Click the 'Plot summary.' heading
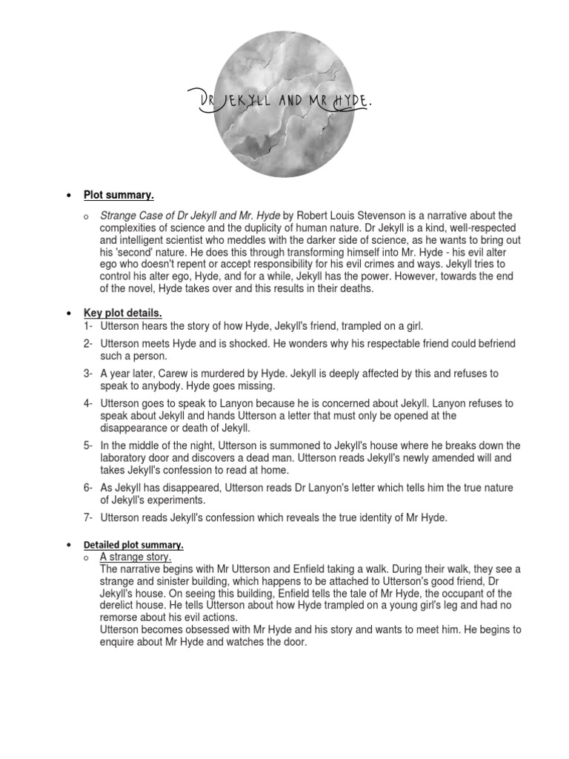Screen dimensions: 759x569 pyautogui.click(x=119, y=195)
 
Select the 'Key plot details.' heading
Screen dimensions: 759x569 pyautogui.click(x=122, y=313)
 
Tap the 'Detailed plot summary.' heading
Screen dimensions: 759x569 pyautogui.click(x=133, y=545)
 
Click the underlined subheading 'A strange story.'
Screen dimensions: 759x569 pyautogui.click(x=136, y=557)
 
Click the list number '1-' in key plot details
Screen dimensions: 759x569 pyautogui.click(x=88, y=325)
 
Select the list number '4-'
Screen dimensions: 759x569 pyautogui.click(x=88, y=403)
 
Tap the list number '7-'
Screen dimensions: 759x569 pyautogui.click(x=88, y=517)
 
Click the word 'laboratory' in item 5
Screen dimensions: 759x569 pyautogui.click(x=127, y=458)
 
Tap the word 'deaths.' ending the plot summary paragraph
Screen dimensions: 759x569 pyautogui.click(x=356, y=288)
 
